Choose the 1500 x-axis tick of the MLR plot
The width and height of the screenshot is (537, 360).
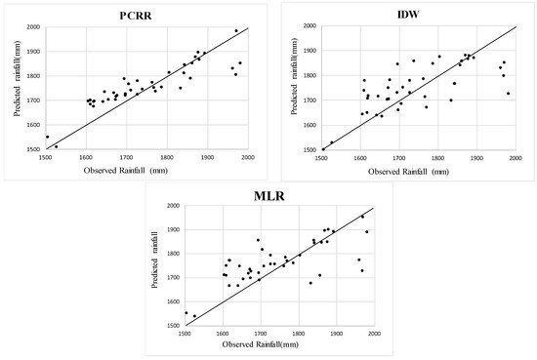(x=185, y=335)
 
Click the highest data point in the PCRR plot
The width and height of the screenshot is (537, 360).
(x=235, y=31)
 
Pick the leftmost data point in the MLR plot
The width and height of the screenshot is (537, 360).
(x=186, y=313)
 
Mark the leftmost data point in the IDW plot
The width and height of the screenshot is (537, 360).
(x=323, y=149)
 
